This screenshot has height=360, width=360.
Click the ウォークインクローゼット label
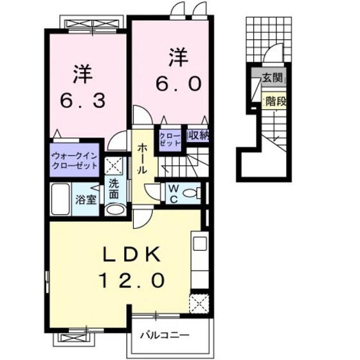[75, 159]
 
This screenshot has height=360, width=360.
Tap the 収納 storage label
[198, 136]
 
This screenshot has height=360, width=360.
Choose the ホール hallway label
[141, 157]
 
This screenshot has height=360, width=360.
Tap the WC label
[174, 193]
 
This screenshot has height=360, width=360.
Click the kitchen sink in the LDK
[199, 245]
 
